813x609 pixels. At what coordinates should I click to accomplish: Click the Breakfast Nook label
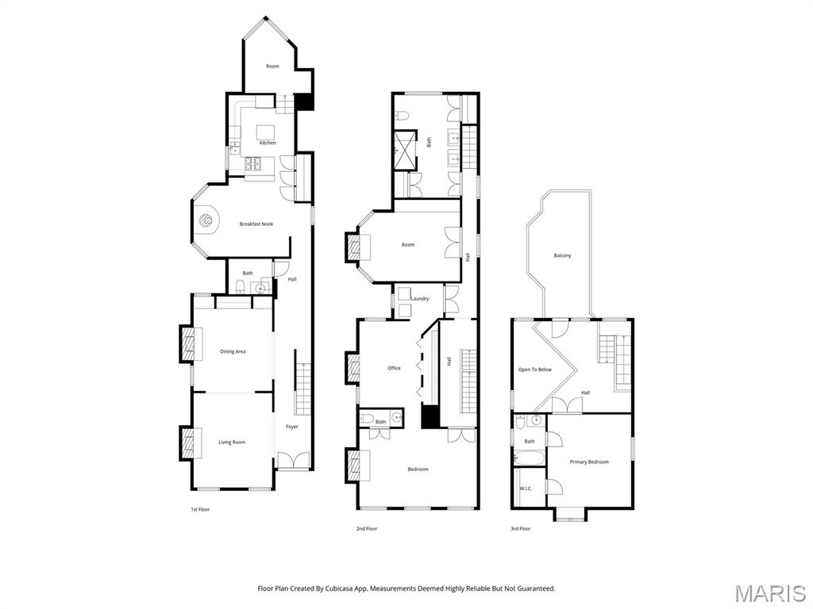[x=256, y=224]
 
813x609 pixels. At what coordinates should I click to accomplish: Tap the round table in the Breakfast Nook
[x=207, y=220]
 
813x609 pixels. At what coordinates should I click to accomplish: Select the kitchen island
[x=267, y=130]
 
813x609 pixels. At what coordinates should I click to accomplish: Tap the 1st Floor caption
[x=200, y=510]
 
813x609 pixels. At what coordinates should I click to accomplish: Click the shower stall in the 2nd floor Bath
[x=405, y=150]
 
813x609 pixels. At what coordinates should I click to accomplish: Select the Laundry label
[x=419, y=299]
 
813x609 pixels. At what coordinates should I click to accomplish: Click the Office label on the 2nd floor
[x=394, y=368]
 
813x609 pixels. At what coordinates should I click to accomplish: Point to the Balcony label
[x=562, y=256]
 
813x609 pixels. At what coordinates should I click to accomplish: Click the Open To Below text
[x=535, y=370]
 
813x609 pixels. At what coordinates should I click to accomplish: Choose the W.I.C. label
[x=526, y=488]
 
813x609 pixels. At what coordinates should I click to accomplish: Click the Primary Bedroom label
[x=589, y=462]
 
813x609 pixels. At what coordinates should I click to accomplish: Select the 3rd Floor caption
[x=521, y=529]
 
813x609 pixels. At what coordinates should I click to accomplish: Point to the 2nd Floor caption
[x=367, y=529]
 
